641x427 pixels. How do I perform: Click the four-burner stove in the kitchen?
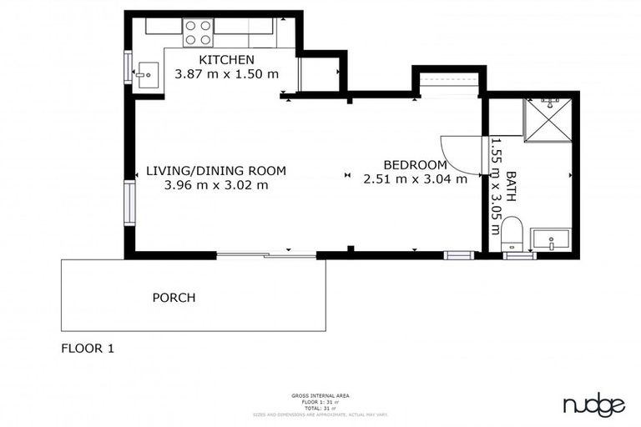[x=199, y=32]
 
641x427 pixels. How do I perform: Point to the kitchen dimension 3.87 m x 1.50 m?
[x=225, y=74]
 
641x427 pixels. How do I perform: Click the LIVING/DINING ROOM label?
[x=215, y=171]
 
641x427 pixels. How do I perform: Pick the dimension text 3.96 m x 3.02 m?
[x=216, y=185]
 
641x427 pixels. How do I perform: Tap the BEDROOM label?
[x=415, y=164]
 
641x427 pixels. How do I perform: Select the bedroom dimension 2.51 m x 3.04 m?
[x=415, y=178]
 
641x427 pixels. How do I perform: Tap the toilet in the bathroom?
[x=512, y=233]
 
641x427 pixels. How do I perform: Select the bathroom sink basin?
[x=551, y=240]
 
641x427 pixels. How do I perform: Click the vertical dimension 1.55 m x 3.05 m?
[x=495, y=185]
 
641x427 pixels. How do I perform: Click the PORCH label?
[x=174, y=298]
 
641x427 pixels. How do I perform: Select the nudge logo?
[x=593, y=405]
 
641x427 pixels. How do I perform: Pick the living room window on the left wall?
[x=129, y=203]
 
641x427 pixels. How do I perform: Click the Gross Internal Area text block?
[x=320, y=404]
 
